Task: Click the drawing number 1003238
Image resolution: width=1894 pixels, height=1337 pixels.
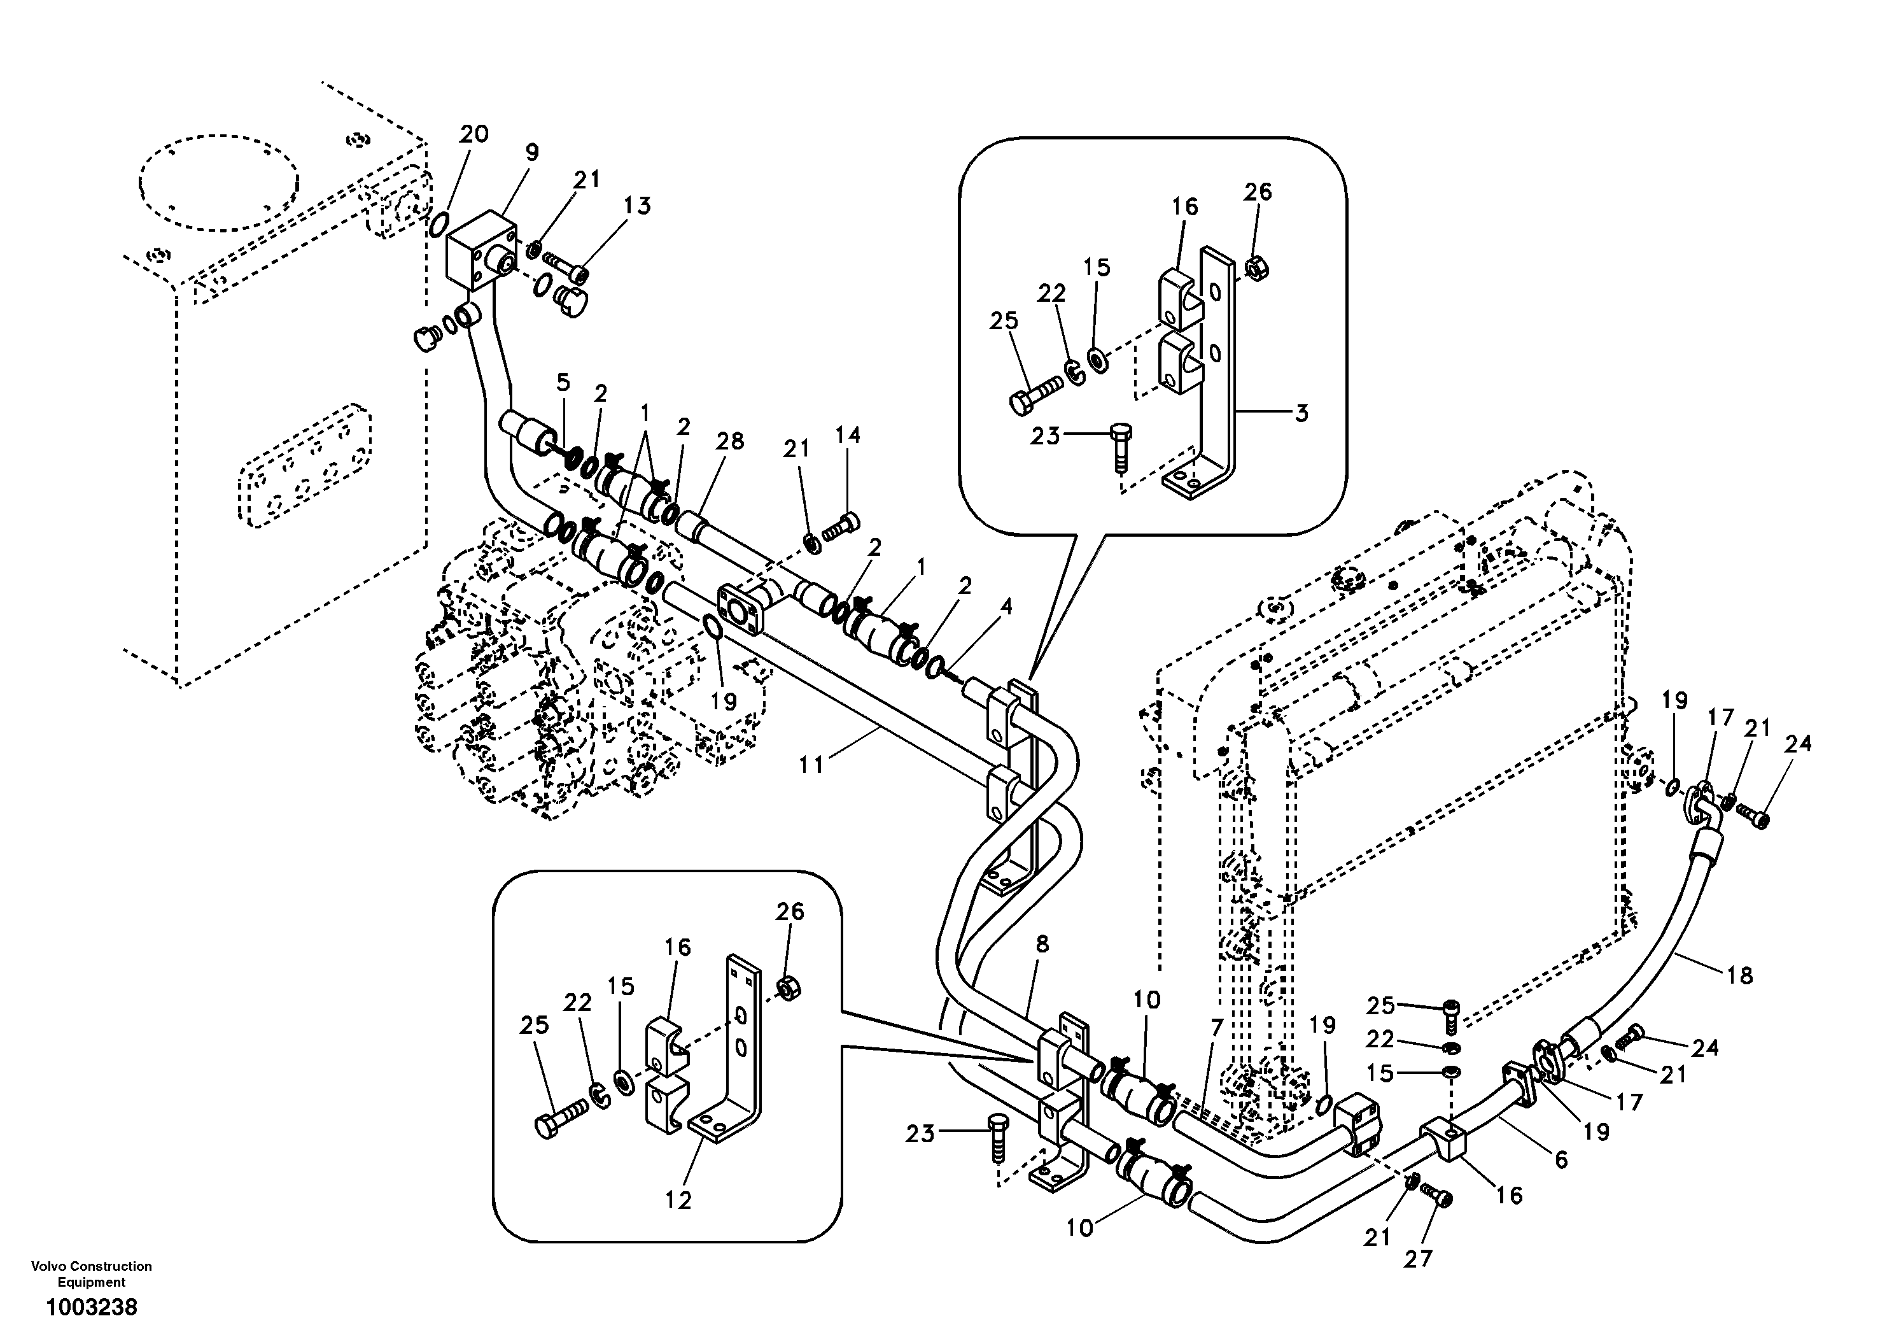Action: (x=92, y=1307)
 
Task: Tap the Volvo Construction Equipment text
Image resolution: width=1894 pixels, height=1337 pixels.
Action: (x=92, y=1273)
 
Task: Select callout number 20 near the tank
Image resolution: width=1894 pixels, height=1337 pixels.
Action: (x=474, y=134)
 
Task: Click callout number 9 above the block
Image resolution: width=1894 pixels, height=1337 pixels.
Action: (x=531, y=152)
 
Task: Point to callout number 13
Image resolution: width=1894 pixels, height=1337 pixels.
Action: (x=638, y=206)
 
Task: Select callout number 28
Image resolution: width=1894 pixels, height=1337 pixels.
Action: (x=730, y=442)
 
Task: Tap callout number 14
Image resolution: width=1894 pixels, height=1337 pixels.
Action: (x=847, y=435)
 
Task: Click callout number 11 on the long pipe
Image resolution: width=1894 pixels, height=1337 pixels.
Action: (x=811, y=765)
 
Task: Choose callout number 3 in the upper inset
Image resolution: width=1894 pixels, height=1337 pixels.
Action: (x=1301, y=413)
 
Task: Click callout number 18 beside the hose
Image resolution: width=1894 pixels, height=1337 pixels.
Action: (x=1739, y=975)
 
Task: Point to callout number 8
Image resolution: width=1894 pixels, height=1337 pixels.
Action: (x=1042, y=944)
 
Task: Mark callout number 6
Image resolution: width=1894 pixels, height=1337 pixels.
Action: (x=1561, y=1159)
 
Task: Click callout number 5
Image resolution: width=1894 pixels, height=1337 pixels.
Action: (x=563, y=382)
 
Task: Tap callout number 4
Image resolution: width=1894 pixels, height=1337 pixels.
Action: (x=1006, y=607)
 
